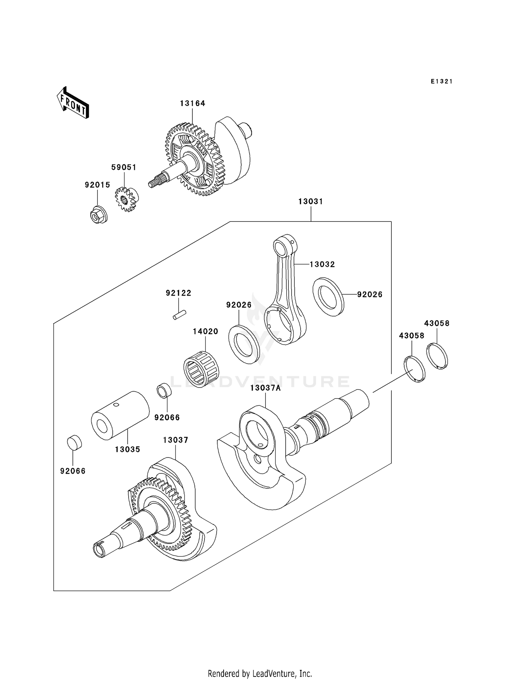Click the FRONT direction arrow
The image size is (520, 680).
[x=73, y=103]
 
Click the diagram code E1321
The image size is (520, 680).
[x=441, y=81]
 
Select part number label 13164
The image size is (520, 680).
[x=192, y=103]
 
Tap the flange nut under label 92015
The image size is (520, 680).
[x=97, y=215]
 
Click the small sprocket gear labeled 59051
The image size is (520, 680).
[x=125, y=200]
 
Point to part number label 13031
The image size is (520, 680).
[x=311, y=201]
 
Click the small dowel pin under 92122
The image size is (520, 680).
[x=180, y=315]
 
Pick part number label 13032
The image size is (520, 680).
[x=322, y=264]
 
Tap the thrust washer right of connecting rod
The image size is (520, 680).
[x=328, y=297]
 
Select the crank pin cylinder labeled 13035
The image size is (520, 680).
[x=120, y=415]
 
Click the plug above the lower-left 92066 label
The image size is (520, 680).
[x=74, y=443]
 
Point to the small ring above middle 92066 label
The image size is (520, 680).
[x=164, y=391]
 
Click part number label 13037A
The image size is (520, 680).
[x=265, y=388]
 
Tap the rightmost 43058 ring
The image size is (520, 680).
[x=437, y=356]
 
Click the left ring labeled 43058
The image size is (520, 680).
[x=414, y=369]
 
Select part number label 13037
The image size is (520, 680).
[x=175, y=440]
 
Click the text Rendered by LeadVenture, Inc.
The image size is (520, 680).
[x=260, y=673]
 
